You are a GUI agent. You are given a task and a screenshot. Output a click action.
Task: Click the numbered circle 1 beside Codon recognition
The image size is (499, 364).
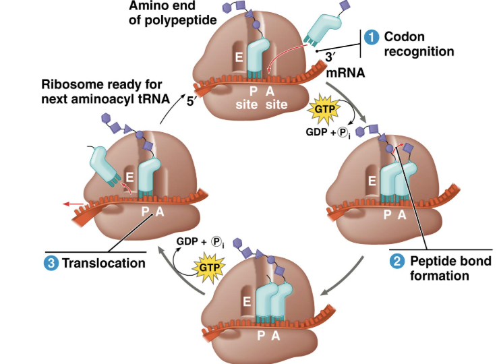371,36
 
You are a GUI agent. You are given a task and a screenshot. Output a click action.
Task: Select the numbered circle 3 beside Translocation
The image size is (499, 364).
51,263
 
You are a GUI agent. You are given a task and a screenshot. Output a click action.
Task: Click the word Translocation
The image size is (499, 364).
103,263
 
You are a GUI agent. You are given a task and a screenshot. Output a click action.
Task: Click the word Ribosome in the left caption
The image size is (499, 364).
68,86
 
